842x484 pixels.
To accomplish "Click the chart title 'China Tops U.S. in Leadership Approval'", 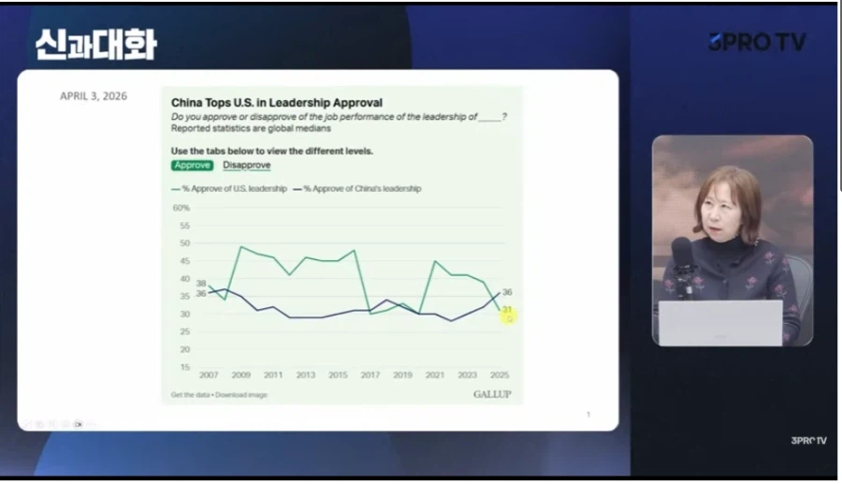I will tap(276, 103).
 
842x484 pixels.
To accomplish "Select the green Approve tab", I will tap(192, 166).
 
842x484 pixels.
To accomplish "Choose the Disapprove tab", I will tap(246, 166).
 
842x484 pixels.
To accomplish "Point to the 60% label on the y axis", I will tap(181, 208).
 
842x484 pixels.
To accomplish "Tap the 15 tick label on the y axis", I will tap(184, 367).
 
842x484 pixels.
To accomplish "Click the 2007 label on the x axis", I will tap(209, 375).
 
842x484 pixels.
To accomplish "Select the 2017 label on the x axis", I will tap(370, 375).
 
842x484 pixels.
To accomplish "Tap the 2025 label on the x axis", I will tap(499, 375).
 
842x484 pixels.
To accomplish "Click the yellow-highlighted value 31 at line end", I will tap(507, 310).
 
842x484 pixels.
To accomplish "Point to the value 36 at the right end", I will tap(507, 292).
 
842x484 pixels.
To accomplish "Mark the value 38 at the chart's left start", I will tap(200, 283).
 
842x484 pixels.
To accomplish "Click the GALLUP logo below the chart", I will tap(492, 394).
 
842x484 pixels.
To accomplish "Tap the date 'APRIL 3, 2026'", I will tap(94, 96).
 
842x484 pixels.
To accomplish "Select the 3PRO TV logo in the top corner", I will tap(756, 42).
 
